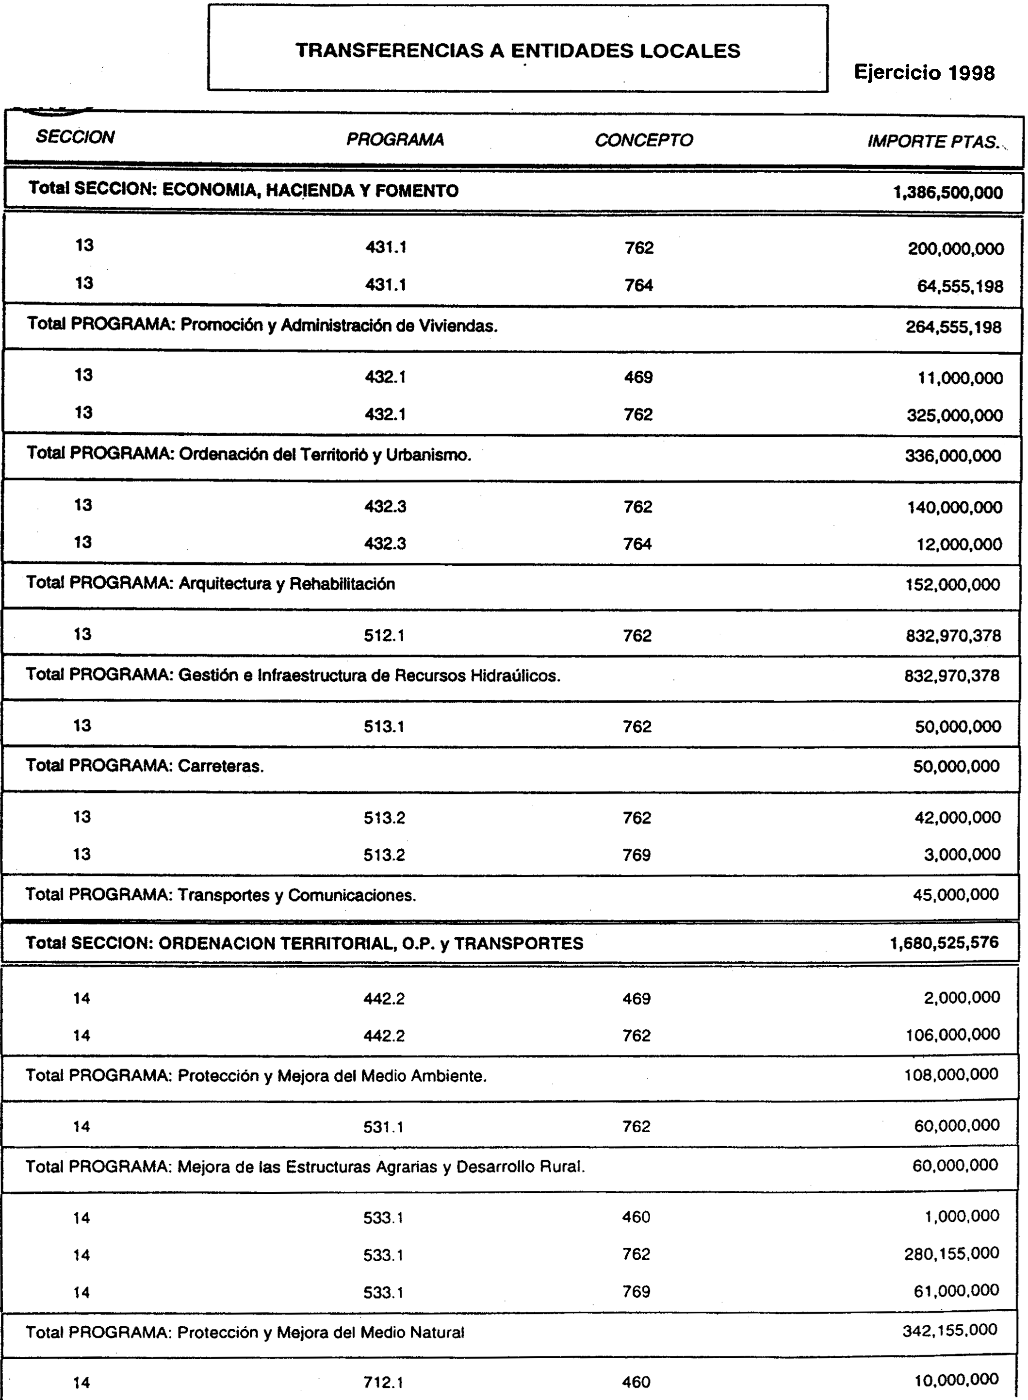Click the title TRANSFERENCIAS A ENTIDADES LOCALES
point(518,50)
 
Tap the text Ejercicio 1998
point(924,73)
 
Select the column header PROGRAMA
point(395,139)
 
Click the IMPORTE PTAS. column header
point(933,142)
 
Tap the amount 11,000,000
point(960,379)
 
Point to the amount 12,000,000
point(960,544)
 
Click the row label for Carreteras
point(145,766)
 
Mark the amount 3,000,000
point(962,854)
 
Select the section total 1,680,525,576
point(944,942)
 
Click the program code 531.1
point(383,1127)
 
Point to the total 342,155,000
point(950,1330)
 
